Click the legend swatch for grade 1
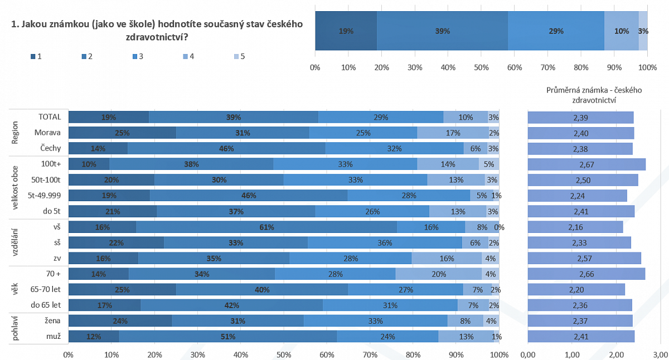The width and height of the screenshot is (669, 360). click(x=33, y=56)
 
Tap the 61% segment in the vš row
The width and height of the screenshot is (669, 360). click(x=266, y=227)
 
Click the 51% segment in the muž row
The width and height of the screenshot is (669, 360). click(x=227, y=337)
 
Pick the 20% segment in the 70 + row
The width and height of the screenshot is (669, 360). click(x=438, y=274)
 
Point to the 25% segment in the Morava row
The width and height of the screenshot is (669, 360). click(x=122, y=133)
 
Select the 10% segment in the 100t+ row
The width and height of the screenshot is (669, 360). click(x=89, y=164)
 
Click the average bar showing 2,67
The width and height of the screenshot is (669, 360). click(x=586, y=164)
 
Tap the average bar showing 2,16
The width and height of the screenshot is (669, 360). click(x=575, y=227)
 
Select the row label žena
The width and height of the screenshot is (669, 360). click(x=52, y=320)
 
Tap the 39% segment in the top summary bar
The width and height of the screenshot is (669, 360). click(x=442, y=31)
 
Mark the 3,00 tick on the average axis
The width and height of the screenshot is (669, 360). click(x=661, y=354)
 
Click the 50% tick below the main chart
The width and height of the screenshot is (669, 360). click(x=284, y=354)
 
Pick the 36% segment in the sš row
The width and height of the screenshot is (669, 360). click(x=385, y=243)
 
